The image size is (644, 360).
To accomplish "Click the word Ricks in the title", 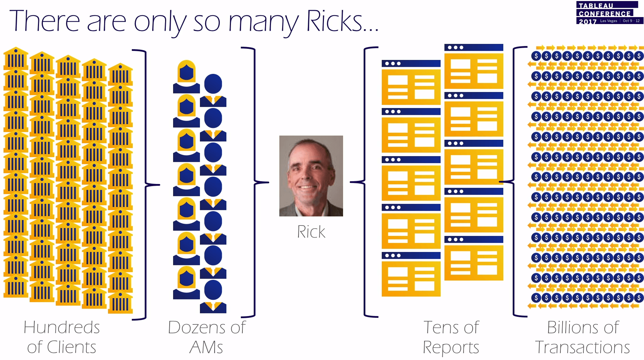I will point(334,22).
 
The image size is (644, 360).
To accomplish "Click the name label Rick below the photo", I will point(311,232).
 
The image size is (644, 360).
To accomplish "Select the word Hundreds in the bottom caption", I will point(62,328).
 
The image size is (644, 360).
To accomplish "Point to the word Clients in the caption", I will point(71,347).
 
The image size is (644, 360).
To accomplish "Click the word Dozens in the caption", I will point(196,328).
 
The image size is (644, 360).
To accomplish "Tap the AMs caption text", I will point(206,347).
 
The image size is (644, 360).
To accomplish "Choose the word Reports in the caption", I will point(451,347).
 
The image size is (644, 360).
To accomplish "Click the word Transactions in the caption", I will point(582,347).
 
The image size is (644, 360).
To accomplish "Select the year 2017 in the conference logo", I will point(588,21).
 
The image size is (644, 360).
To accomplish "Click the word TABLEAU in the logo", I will point(596,6).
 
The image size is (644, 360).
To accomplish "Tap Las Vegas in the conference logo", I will point(608,21).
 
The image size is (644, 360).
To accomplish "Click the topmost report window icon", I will point(474,66).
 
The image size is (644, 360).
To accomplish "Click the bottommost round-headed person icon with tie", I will point(213,296).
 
